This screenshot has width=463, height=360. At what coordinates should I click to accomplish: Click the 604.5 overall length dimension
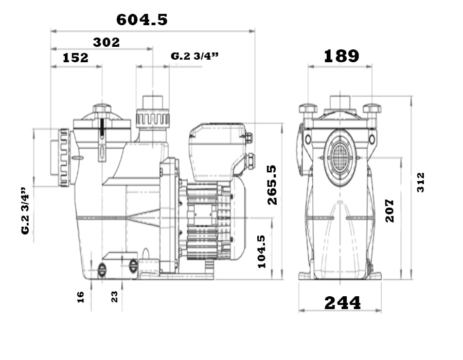point(142,20)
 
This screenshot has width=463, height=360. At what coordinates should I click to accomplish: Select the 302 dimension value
point(106,43)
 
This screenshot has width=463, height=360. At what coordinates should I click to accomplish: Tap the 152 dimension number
point(76,58)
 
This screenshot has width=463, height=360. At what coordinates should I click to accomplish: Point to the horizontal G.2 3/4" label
point(194,56)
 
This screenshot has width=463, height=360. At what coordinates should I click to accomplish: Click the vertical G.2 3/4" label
point(26,211)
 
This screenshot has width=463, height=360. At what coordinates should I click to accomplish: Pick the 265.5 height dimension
point(272,185)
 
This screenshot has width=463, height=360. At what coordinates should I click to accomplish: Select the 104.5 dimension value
point(262,251)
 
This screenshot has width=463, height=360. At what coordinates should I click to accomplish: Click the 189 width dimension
point(342,56)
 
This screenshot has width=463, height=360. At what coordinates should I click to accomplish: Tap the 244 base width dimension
point(343,303)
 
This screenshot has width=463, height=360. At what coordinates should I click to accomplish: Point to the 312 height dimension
point(420,183)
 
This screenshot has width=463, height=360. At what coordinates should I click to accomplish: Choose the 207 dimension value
point(390,211)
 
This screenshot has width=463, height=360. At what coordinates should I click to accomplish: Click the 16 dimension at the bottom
point(80,297)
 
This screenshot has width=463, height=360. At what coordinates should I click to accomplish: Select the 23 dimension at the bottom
point(114,297)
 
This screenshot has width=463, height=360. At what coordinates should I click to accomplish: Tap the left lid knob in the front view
point(308,109)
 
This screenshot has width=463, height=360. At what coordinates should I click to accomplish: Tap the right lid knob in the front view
point(372,109)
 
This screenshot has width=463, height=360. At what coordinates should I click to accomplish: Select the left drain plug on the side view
point(101,269)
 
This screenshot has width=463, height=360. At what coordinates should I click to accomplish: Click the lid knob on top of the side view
point(102,109)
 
